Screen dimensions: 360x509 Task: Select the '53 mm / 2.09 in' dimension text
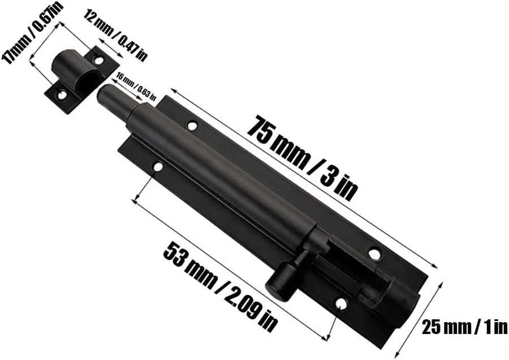point(221,286)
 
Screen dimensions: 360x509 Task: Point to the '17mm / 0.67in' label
point(33,33)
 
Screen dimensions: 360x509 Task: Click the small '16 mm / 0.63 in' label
point(135,86)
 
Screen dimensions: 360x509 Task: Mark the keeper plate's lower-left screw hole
point(61,96)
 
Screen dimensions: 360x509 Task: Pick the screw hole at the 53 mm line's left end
point(158,168)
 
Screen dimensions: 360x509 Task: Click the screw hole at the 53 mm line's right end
point(340,305)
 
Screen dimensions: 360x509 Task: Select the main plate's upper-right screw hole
point(374,254)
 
